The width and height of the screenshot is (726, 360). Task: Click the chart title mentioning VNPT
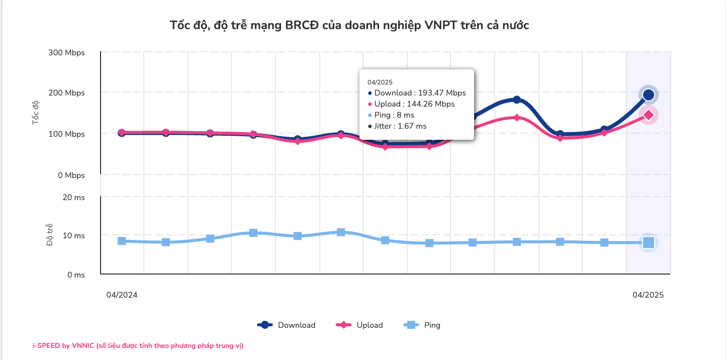349,26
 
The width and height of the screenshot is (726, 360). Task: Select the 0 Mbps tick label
71,175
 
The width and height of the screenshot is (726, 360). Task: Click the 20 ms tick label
73,198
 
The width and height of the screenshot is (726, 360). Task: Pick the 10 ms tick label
73,236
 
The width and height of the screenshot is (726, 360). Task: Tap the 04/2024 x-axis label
122,295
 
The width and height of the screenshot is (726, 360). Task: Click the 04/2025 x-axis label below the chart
648,295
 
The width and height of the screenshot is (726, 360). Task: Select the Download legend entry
287,325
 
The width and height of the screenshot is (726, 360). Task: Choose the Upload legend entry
359,325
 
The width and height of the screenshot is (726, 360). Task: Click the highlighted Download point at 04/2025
649,95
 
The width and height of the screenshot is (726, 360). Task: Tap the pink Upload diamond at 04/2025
649,115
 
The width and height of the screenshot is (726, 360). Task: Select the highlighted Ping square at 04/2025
649,243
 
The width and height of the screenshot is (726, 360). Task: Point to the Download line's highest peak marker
516,100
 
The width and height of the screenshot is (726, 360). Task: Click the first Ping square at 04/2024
122,241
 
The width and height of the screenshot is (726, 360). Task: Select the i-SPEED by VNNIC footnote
138,346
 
